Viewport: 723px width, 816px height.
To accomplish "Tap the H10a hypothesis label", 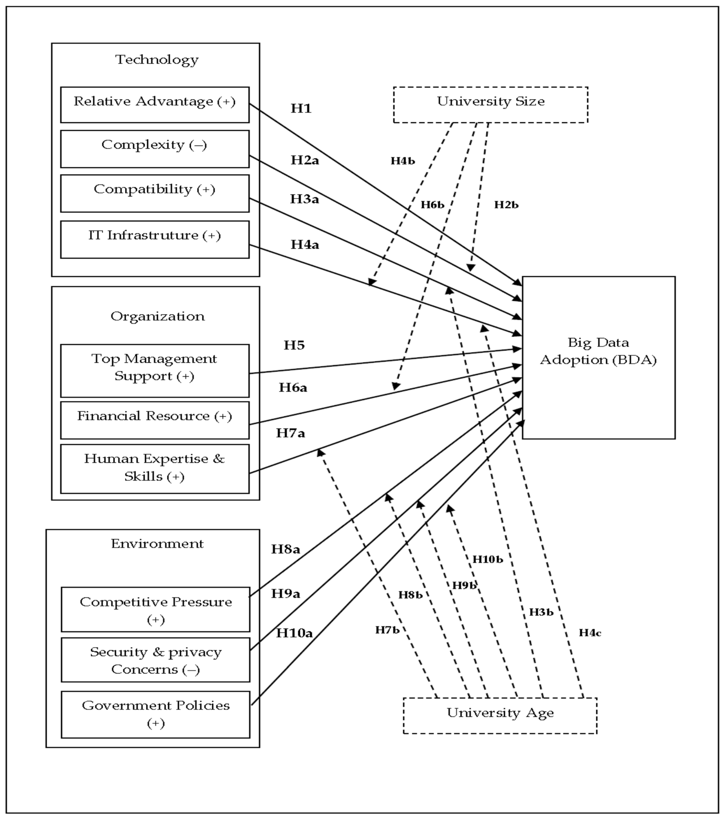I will pyautogui.click(x=294, y=633).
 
